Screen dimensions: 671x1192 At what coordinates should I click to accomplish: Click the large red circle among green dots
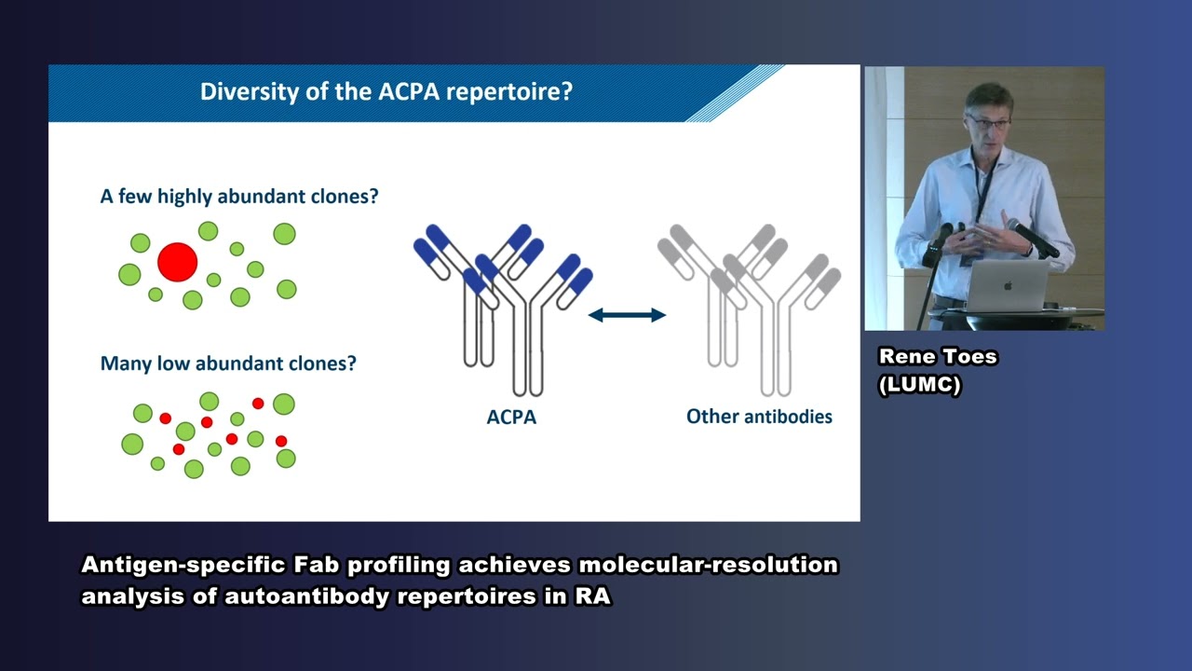tap(177, 262)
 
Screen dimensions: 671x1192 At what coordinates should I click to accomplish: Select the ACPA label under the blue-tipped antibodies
tap(511, 418)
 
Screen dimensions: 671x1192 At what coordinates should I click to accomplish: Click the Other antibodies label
tap(759, 417)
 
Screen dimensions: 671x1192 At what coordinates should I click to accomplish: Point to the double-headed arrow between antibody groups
tap(627, 315)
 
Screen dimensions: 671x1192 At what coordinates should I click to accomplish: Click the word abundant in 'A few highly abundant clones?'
tap(261, 197)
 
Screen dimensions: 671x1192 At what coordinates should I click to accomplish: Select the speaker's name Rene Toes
tap(938, 357)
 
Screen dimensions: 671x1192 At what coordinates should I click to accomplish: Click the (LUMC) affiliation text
tap(919, 385)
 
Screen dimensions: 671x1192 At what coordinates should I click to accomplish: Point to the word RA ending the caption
tap(592, 596)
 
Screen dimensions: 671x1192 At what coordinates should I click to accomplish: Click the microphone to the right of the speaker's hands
tap(1034, 239)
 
